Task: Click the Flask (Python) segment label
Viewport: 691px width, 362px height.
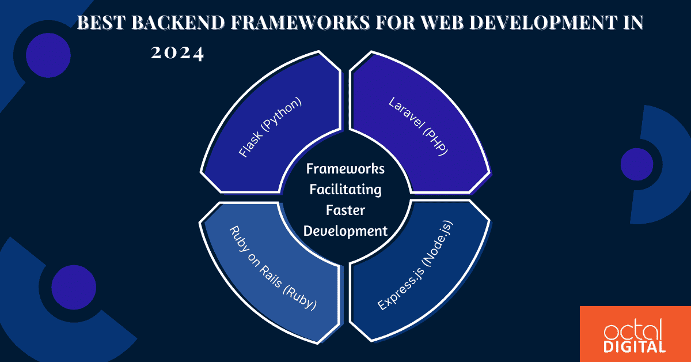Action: point(269,129)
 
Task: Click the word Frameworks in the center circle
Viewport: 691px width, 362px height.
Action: point(345,169)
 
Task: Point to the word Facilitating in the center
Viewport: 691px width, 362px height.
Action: point(345,190)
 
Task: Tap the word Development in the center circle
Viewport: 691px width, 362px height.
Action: point(345,231)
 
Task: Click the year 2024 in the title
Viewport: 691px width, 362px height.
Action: point(177,54)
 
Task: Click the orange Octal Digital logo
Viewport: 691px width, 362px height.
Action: point(635,334)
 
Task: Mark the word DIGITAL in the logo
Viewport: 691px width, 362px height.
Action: point(635,346)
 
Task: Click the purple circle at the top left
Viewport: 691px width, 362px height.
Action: point(48,56)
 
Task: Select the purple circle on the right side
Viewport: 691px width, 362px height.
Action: point(636,164)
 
